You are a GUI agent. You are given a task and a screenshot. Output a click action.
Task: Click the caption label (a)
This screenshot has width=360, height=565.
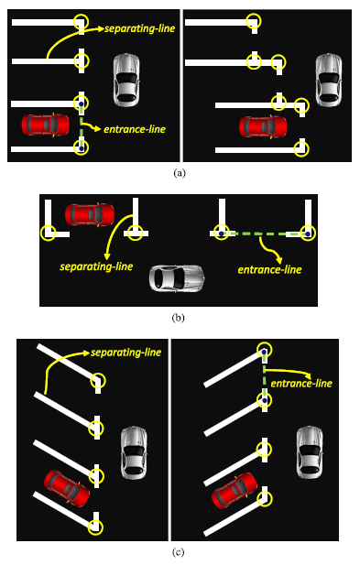[x=180, y=173]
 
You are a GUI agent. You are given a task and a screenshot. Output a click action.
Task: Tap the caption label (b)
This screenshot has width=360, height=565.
[x=179, y=318]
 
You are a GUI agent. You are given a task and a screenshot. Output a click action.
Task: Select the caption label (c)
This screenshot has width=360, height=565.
[x=179, y=552]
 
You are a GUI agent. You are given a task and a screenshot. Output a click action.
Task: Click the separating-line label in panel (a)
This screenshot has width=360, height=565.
[x=140, y=28]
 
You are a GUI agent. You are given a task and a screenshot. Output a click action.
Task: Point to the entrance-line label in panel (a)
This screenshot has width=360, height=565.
[x=135, y=129]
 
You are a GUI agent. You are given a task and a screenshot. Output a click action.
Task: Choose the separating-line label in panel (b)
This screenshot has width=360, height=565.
[x=96, y=266]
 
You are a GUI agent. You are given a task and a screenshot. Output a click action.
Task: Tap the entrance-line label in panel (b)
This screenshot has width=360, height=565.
[x=269, y=269]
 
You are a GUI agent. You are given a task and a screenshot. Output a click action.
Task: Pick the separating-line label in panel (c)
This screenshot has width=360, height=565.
[x=125, y=353]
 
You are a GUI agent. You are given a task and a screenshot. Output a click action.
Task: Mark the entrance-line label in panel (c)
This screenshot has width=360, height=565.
[x=301, y=383]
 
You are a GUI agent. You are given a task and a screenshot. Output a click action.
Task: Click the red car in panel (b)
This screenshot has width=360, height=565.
[x=90, y=214]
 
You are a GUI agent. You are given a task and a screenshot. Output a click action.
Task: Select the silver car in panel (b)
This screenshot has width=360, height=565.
[x=178, y=278]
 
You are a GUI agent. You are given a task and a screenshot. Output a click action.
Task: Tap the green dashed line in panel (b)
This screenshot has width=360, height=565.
[x=265, y=234]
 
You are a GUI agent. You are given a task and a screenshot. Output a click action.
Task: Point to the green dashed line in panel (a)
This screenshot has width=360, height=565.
[x=82, y=125]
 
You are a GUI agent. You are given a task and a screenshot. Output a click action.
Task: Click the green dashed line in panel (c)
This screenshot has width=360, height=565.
[x=265, y=375]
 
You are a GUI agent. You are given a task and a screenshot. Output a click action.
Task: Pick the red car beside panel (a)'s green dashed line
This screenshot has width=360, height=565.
[x=46, y=125]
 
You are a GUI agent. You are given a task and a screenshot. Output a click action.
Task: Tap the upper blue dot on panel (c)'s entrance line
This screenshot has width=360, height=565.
[x=265, y=352]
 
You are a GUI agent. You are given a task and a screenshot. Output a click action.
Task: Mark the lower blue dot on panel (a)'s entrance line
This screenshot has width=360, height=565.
[x=82, y=147]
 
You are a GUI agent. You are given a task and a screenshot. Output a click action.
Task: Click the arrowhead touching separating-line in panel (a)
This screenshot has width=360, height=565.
[x=101, y=28]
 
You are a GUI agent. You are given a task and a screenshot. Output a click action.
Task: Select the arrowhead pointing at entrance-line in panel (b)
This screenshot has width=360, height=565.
[x=278, y=260]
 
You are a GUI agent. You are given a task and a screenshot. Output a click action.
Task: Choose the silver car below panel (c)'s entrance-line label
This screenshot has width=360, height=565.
[x=310, y=451]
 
